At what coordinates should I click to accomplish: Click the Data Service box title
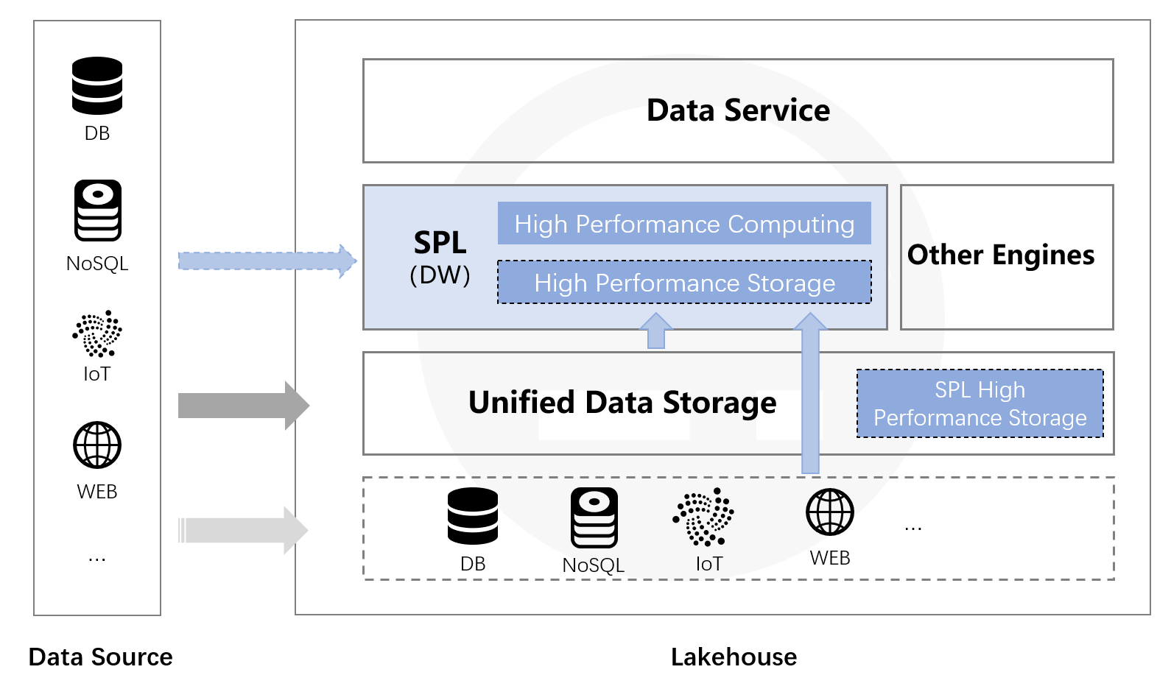738,110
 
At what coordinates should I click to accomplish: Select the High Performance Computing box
684,224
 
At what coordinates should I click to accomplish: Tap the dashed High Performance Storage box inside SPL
684,283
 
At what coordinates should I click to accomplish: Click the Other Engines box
1006,256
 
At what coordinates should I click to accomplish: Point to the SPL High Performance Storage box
980,403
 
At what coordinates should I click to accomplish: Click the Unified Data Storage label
622,403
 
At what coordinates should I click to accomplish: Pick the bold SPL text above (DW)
440,242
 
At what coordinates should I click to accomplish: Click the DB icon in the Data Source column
97,85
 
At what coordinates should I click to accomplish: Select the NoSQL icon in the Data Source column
97,211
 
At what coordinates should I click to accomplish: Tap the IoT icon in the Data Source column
97,333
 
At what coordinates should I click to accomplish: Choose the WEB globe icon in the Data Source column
97,445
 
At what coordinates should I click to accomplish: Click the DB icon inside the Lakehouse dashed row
473,516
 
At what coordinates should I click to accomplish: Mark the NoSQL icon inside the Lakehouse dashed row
594,517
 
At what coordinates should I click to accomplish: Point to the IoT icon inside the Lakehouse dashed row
704,517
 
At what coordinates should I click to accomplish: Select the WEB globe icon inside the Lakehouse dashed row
830,512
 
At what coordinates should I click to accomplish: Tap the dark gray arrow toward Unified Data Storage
243,405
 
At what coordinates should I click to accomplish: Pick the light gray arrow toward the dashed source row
243,530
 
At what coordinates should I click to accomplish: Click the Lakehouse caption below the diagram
734,657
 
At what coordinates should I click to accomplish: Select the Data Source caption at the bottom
100,657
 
